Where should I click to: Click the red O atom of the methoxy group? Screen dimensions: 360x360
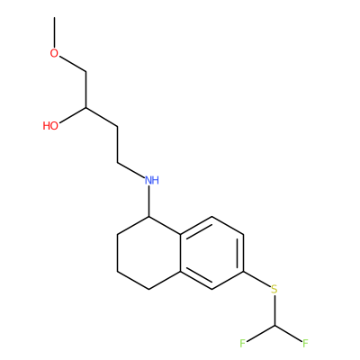click(x=54, y=53)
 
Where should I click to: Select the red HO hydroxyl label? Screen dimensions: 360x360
click(x=50, y=126)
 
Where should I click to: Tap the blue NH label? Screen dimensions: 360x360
click(x=152, y=180)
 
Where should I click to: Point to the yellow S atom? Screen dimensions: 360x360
click(x=274, y=290)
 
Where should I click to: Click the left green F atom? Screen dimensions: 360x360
click(x=243, y=343)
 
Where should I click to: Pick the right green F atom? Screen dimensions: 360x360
click(x=305, y=343)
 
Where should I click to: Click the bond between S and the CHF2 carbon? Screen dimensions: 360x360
click(x=274, y=310)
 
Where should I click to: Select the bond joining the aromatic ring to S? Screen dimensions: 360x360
click(x=256, y=279)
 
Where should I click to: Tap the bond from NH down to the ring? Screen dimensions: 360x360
click(x=149, y=202)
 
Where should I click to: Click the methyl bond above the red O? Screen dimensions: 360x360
click(x=54, y=32)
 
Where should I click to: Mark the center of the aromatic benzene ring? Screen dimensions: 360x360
click(x=211, y=253)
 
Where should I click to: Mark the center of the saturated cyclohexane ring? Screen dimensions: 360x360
click(x=148, y=253)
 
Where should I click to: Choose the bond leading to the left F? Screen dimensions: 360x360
click(x=260, y=333)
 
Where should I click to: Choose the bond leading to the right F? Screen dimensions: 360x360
click(x=288, y=333)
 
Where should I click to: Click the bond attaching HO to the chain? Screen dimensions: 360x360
click(x=73, y=115)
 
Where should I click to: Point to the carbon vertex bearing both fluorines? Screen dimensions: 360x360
click(x=274, y=326)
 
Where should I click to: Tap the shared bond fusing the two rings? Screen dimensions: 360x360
click(x=180, y=253)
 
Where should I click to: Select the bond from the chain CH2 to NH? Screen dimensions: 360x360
click(x=130, y=170)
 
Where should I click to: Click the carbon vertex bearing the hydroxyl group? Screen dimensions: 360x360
click(x=86, y=108)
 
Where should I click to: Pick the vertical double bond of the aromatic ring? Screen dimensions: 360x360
click(x=241, y=253)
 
